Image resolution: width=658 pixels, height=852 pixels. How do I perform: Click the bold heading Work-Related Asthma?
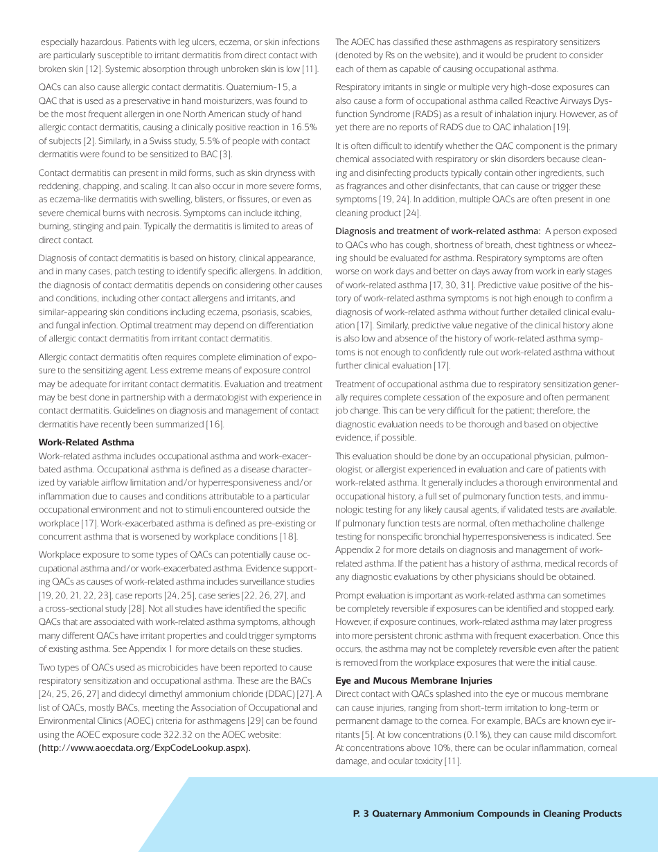(86, 442)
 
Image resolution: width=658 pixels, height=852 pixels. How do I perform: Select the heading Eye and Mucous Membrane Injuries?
(414, 680)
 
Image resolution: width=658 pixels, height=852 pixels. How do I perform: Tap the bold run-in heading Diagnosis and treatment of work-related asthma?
(438, 231)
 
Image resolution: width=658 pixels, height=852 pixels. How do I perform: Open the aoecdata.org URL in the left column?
(144, 747)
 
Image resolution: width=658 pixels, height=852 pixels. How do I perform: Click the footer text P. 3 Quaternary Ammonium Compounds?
(487, 814)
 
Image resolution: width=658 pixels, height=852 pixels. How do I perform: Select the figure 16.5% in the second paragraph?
(303, 127)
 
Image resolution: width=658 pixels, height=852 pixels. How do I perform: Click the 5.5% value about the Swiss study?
(181, 141)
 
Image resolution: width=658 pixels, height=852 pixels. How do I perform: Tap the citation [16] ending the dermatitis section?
(213, 424)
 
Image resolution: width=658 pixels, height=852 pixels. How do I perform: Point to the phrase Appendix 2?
(357, 549)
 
